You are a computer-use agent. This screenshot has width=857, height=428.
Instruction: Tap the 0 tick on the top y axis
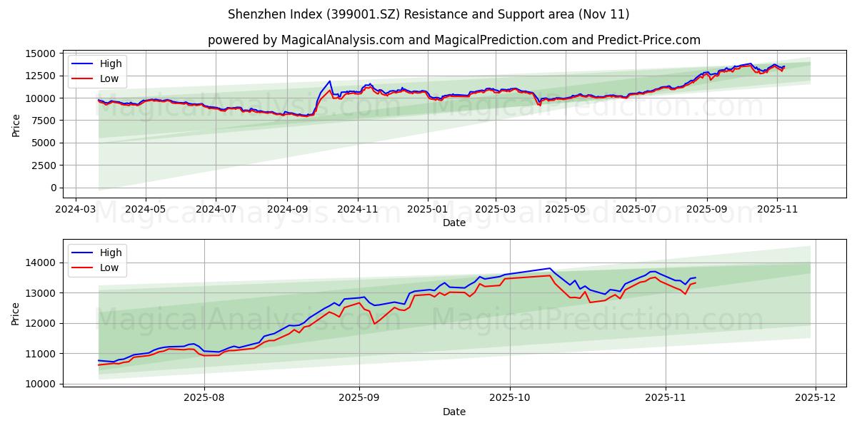click(54, 188)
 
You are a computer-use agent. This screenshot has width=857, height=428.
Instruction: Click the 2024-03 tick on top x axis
click(75, 209)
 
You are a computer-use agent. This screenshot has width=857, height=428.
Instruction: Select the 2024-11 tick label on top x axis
click(357, 209)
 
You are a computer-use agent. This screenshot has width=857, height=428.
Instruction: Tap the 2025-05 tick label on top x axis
click(565, 209)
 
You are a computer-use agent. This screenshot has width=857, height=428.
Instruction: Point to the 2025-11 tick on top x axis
click(777, 209)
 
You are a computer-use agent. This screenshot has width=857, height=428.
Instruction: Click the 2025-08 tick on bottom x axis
click(204, 398)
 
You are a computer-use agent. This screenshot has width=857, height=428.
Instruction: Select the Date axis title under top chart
click(453, 223)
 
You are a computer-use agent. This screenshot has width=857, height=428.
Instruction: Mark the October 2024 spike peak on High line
click(329, 81)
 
